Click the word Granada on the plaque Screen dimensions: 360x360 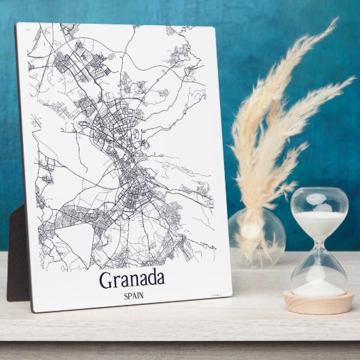132,278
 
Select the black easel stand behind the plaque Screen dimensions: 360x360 17,258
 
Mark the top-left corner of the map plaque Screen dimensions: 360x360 17,24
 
